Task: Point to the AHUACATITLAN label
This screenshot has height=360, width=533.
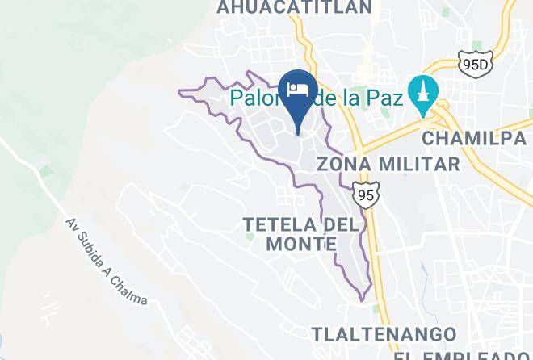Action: tap(294, 7)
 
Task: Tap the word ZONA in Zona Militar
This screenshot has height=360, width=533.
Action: tap(337, 164)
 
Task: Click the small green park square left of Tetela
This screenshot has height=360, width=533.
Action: tap(250, 237)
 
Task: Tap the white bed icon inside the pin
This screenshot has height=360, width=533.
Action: tap(299, 88)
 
